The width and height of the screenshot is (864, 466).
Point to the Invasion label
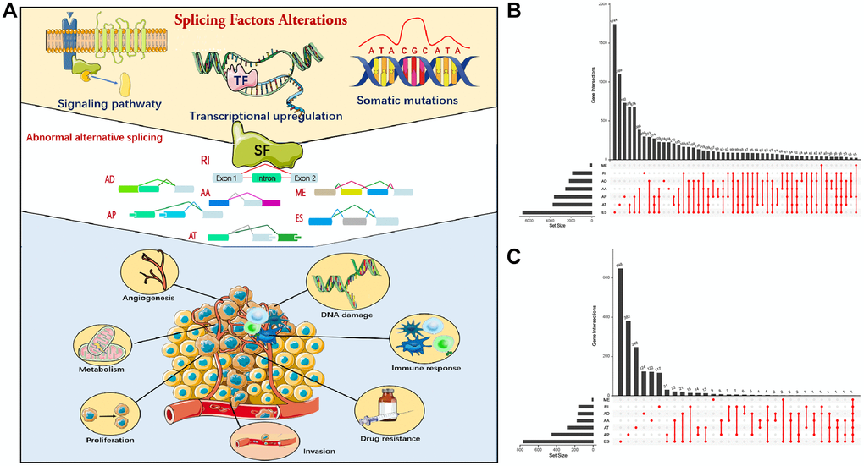point(318,451)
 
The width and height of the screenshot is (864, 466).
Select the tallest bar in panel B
point(615,93)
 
